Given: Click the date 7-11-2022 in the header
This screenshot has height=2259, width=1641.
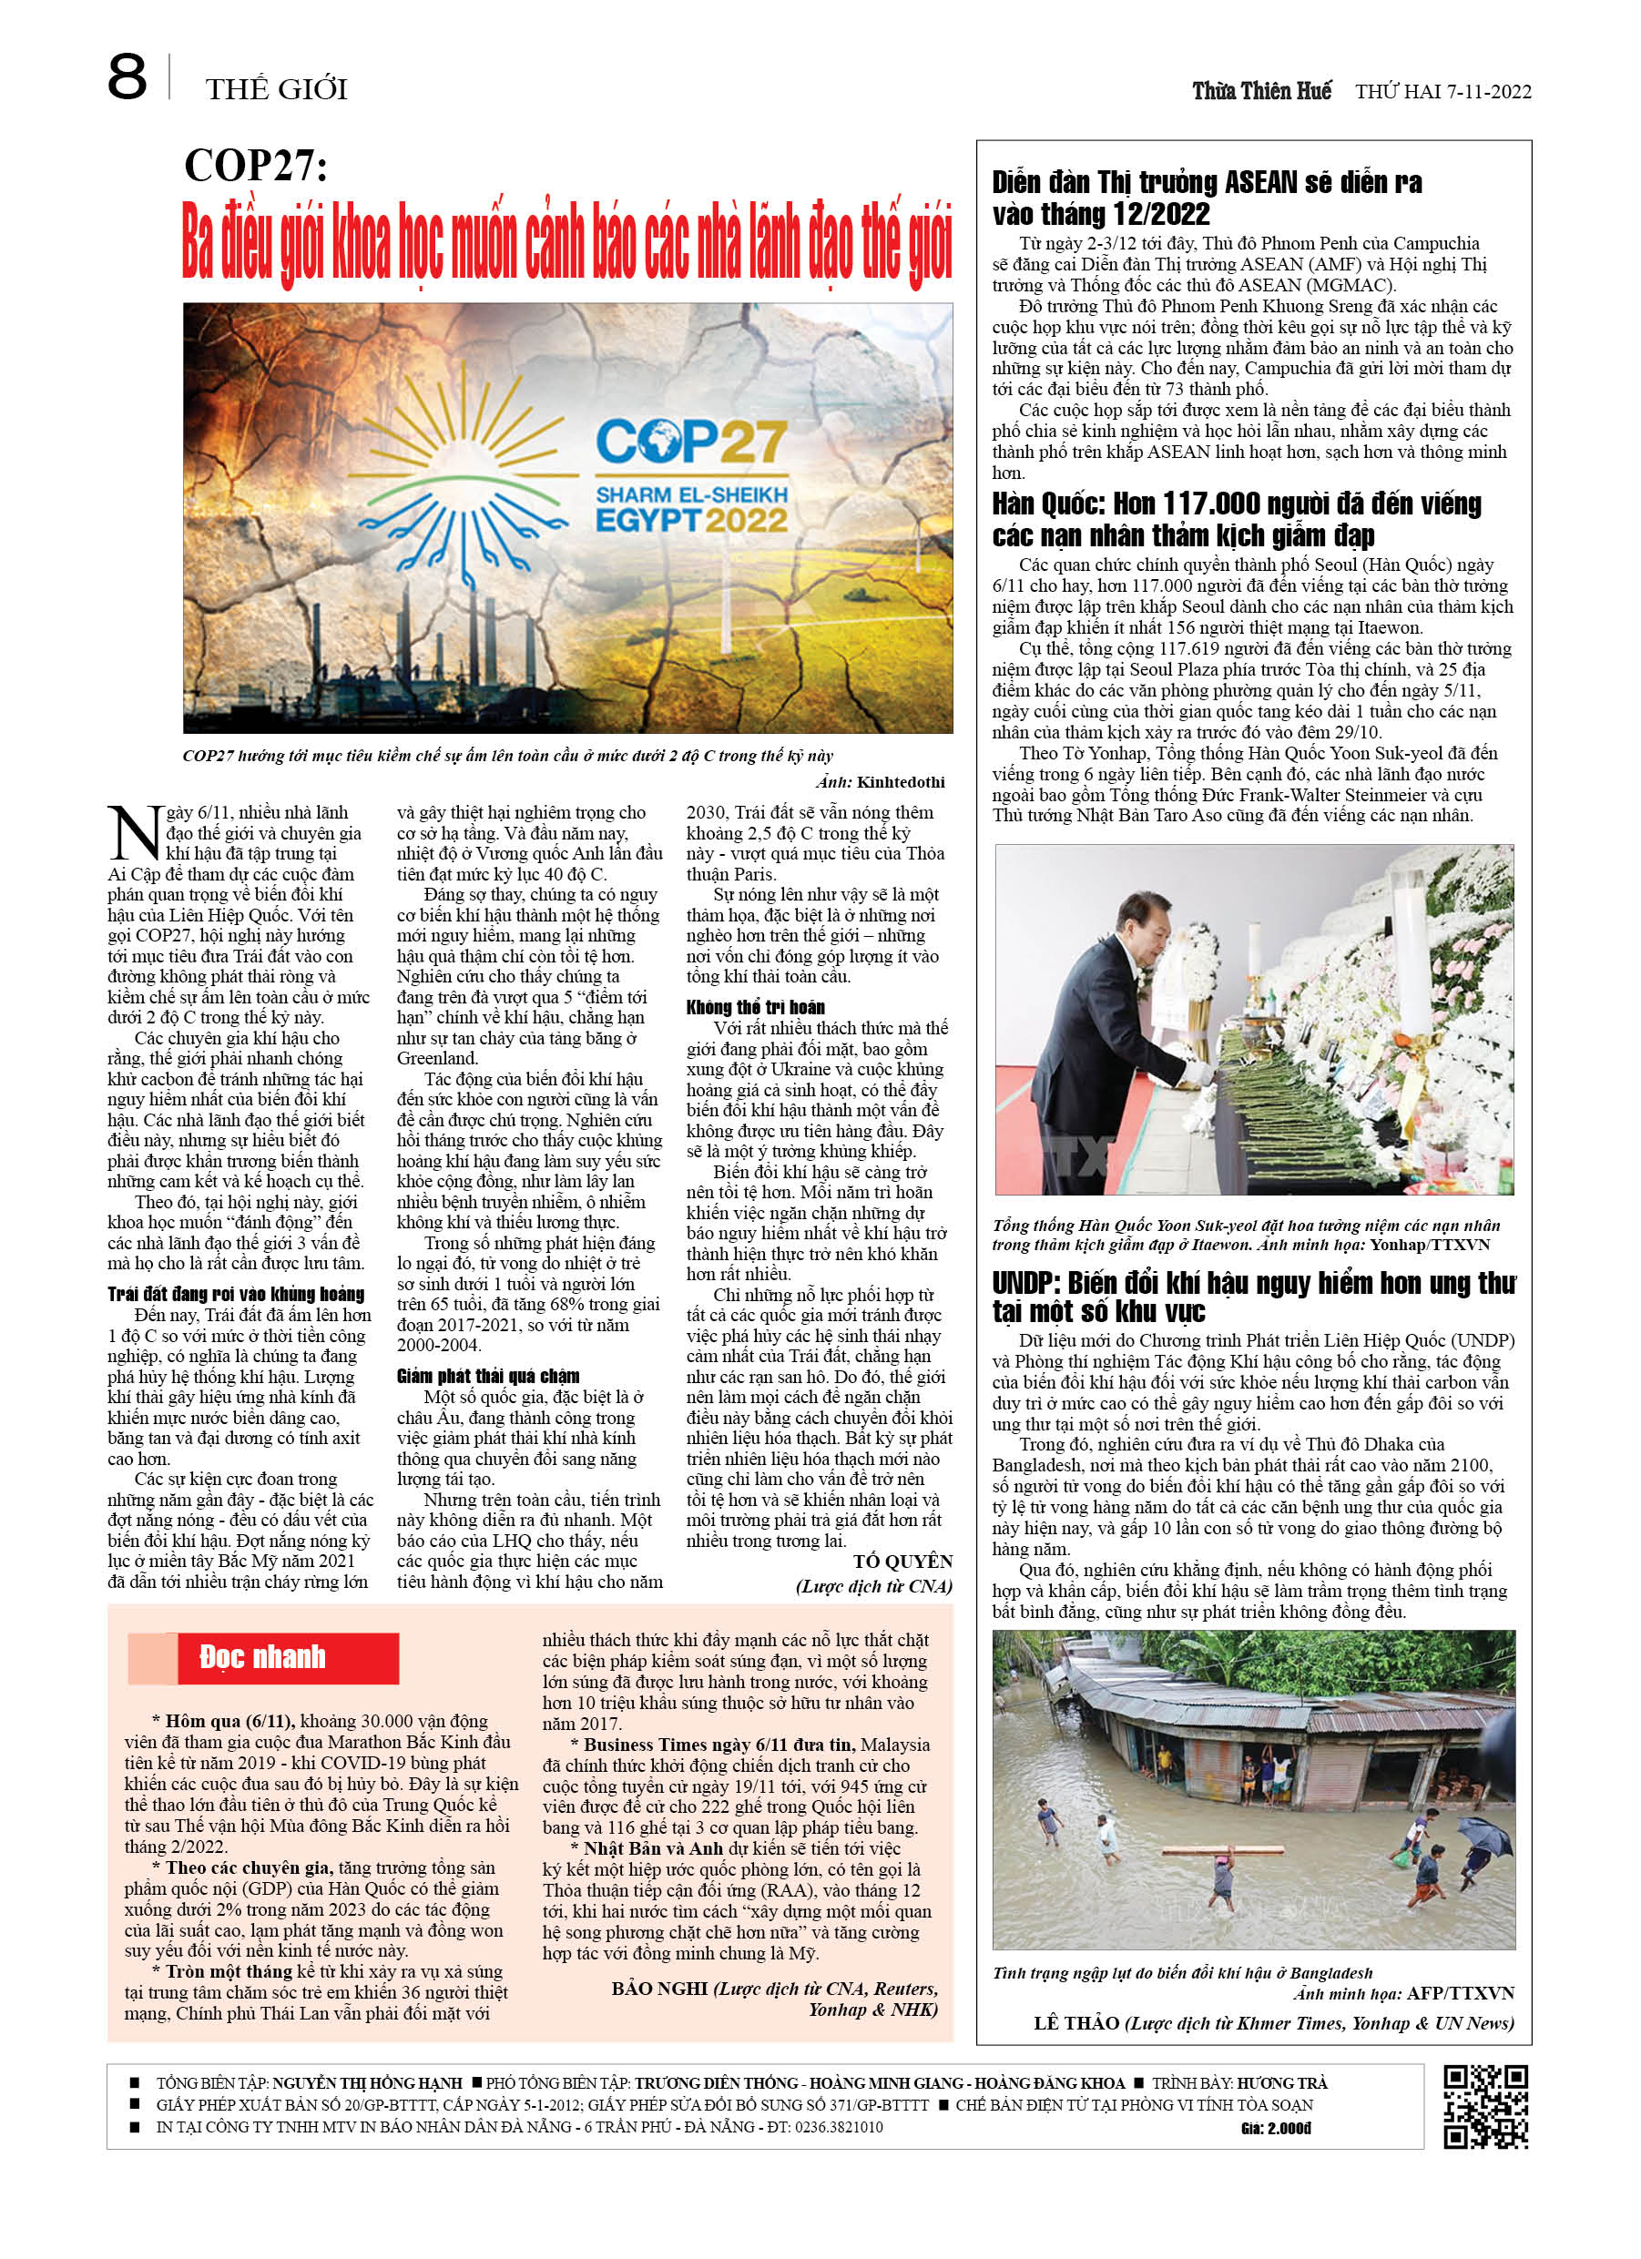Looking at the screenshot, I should coord(1485,92).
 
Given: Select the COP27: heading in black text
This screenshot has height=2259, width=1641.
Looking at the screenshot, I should coord(256,166).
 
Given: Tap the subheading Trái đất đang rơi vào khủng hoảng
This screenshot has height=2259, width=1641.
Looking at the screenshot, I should coord(236,1294).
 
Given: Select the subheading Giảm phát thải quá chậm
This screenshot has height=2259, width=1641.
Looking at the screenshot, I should coord(488,1377).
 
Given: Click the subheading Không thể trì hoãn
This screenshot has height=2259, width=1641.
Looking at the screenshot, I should coord(755,1007).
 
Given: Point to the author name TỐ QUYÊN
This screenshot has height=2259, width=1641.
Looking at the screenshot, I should coord(902,1562).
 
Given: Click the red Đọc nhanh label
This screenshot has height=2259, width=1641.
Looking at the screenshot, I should coord(263,1657).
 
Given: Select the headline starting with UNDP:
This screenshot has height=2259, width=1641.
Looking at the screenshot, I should coord(1252,1297).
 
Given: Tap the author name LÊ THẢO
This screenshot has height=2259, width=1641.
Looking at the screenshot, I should coord(1077,2023).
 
